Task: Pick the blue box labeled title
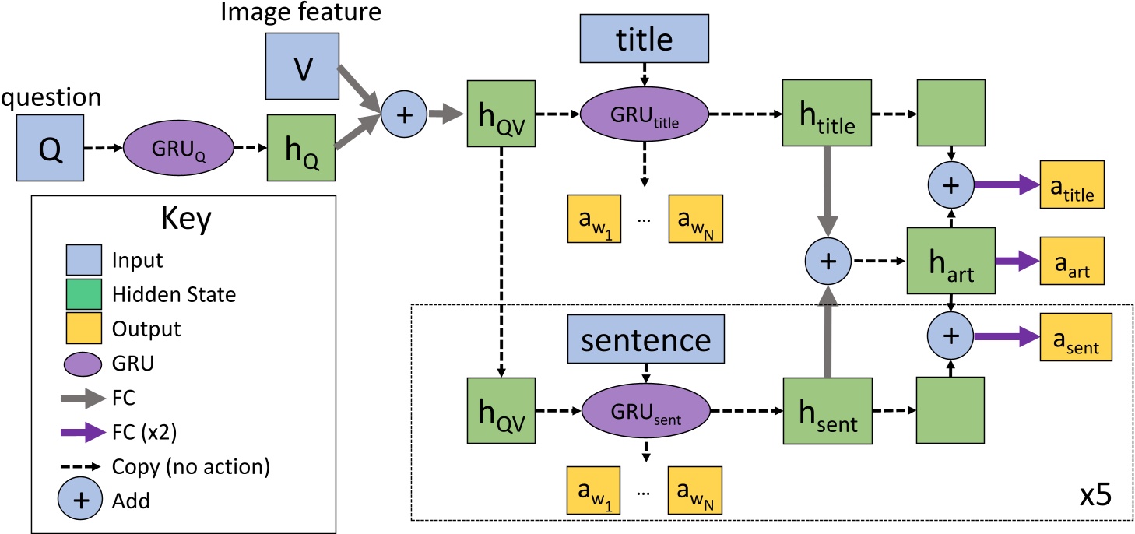[x=645, y=36]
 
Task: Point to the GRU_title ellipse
[x=645, y=114]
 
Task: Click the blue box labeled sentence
[x=645, y=339]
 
